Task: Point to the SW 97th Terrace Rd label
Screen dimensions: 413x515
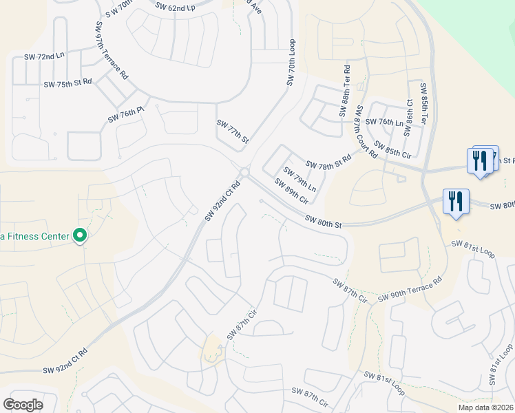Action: point(113,52)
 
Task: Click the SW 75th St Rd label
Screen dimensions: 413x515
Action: point(67,83)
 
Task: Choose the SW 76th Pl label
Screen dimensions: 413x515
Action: point(126,115)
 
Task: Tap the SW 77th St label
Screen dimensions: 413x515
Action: point(232,131)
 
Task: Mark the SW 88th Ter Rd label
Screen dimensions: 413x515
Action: point(345,90)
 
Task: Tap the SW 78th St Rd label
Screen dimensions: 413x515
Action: point(328,162)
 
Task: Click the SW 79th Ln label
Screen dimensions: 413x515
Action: point(300,180)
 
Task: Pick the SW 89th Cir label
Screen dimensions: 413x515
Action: point(291,191)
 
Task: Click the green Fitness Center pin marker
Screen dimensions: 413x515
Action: point(80,236)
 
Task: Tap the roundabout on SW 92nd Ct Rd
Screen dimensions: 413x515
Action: point(244,172)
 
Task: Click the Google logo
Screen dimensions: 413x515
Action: point(23,405)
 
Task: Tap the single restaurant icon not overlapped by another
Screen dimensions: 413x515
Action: point(455,201)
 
